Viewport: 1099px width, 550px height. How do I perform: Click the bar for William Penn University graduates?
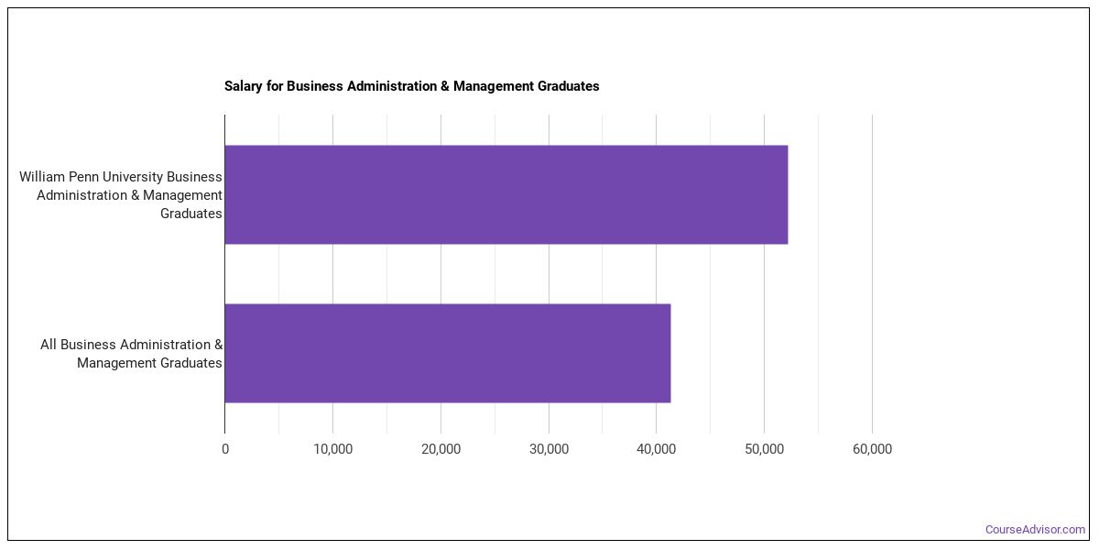coord(506,194)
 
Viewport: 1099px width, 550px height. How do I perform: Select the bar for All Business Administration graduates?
coord(448,353)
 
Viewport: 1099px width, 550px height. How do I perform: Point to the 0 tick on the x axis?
coord(225,449)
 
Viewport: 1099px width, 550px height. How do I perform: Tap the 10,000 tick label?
coord(333,449)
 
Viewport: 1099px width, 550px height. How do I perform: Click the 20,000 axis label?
coord(441,449)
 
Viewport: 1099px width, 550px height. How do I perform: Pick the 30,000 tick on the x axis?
coord(549,449)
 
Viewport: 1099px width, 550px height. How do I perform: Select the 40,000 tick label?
coord(657,449)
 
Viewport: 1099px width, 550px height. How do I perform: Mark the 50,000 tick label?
coord(765,449)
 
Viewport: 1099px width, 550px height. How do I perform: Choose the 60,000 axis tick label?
coord(872,449)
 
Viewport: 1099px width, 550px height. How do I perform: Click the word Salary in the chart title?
coord(244,86)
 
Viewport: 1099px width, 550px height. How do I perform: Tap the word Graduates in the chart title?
coord(569,86)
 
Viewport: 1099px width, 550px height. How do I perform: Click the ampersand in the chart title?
coord(444,86)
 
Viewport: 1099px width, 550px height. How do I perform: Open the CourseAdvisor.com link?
coord(1035,530)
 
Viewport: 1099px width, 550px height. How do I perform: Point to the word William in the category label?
coord(42,177)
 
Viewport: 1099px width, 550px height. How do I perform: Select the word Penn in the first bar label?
coord(84,177)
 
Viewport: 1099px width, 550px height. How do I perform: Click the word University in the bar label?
coord(133,177)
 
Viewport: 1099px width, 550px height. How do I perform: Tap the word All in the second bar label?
coord(48,345)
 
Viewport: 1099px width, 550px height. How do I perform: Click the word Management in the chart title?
coord(494,86)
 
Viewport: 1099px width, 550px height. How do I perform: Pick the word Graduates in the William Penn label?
coord(191,214)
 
